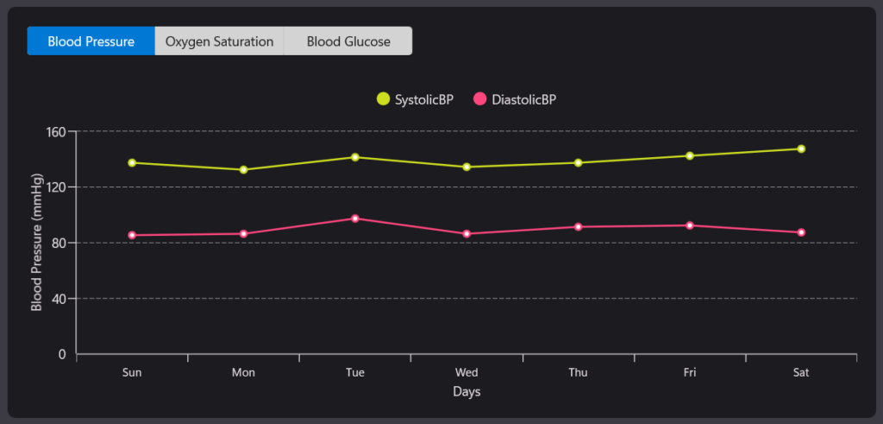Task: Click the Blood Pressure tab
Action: [91, 41]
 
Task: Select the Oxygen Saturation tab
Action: [219, 41]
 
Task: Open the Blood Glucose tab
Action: [348, 41]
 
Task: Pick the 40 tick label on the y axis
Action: [59, 299]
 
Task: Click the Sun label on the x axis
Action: [132, 373]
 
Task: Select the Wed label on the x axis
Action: [467, 373]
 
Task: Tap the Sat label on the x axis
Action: [801, 373]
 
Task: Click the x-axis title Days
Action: [467, 392]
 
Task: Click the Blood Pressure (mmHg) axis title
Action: [36, 243]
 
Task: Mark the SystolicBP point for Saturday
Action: [801, 149]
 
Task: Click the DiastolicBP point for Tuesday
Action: [355, 218]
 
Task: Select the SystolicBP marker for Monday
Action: [243, 169]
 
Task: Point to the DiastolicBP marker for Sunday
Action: [132, 235]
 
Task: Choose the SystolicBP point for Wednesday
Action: [467, 167]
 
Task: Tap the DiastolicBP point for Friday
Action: [690, 225]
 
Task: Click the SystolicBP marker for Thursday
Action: [578, 162]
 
